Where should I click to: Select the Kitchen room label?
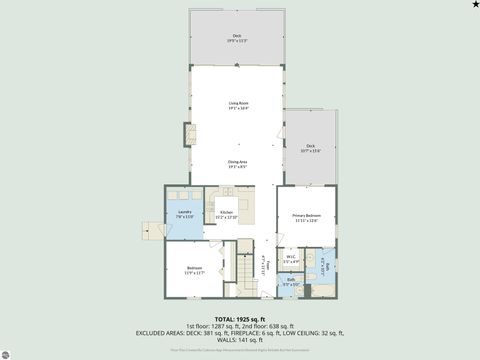pos(219,215)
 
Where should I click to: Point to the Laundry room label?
pos(185,214)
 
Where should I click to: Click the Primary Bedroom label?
pos(306,217)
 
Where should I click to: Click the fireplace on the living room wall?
pos(185,133)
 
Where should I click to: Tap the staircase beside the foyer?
pos(247,267)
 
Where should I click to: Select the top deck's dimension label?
pos(237,40)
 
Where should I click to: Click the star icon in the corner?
pos(474,5)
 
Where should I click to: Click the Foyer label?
pos(264,268)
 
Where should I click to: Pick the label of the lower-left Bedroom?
pos(196,269)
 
